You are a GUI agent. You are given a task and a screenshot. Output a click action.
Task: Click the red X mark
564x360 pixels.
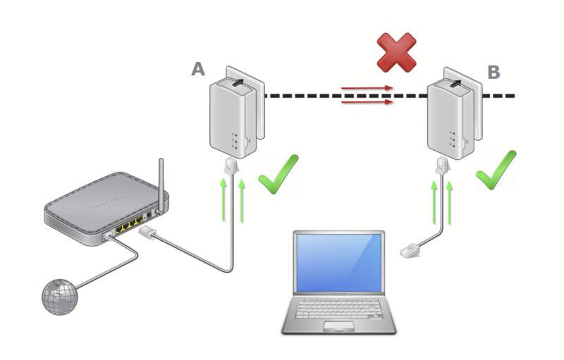point(396,52)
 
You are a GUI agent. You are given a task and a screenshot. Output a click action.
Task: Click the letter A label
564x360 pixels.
point(198,68)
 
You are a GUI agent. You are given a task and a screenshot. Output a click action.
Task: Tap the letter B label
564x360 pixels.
point(493,72)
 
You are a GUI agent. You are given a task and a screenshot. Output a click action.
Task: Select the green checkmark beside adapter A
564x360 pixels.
point(278,174)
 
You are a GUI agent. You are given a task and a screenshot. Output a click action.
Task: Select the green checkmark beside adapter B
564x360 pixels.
point(496,170)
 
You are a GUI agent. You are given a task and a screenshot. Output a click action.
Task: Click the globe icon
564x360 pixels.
point(60,297)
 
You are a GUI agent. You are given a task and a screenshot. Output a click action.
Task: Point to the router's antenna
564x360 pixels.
point(161,185)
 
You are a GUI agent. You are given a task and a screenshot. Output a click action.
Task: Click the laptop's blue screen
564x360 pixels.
point(338,263)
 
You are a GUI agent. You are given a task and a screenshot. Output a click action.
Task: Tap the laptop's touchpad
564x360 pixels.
point(338,326)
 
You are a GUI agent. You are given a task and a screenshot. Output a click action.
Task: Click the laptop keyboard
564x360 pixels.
point(338,309)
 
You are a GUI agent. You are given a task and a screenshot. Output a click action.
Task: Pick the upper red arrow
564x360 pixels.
point(367,87)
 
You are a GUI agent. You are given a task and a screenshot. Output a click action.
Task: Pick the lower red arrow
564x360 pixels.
point(367,102)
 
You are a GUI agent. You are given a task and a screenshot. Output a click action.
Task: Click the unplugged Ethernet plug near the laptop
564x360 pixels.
point(410,250)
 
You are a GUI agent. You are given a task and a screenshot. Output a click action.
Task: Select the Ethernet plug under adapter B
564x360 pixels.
point(443,166)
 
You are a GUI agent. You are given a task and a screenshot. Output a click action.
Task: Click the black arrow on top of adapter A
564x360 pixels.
point(238,82)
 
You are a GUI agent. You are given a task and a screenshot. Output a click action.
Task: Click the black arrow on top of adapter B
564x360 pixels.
point(455,83)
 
